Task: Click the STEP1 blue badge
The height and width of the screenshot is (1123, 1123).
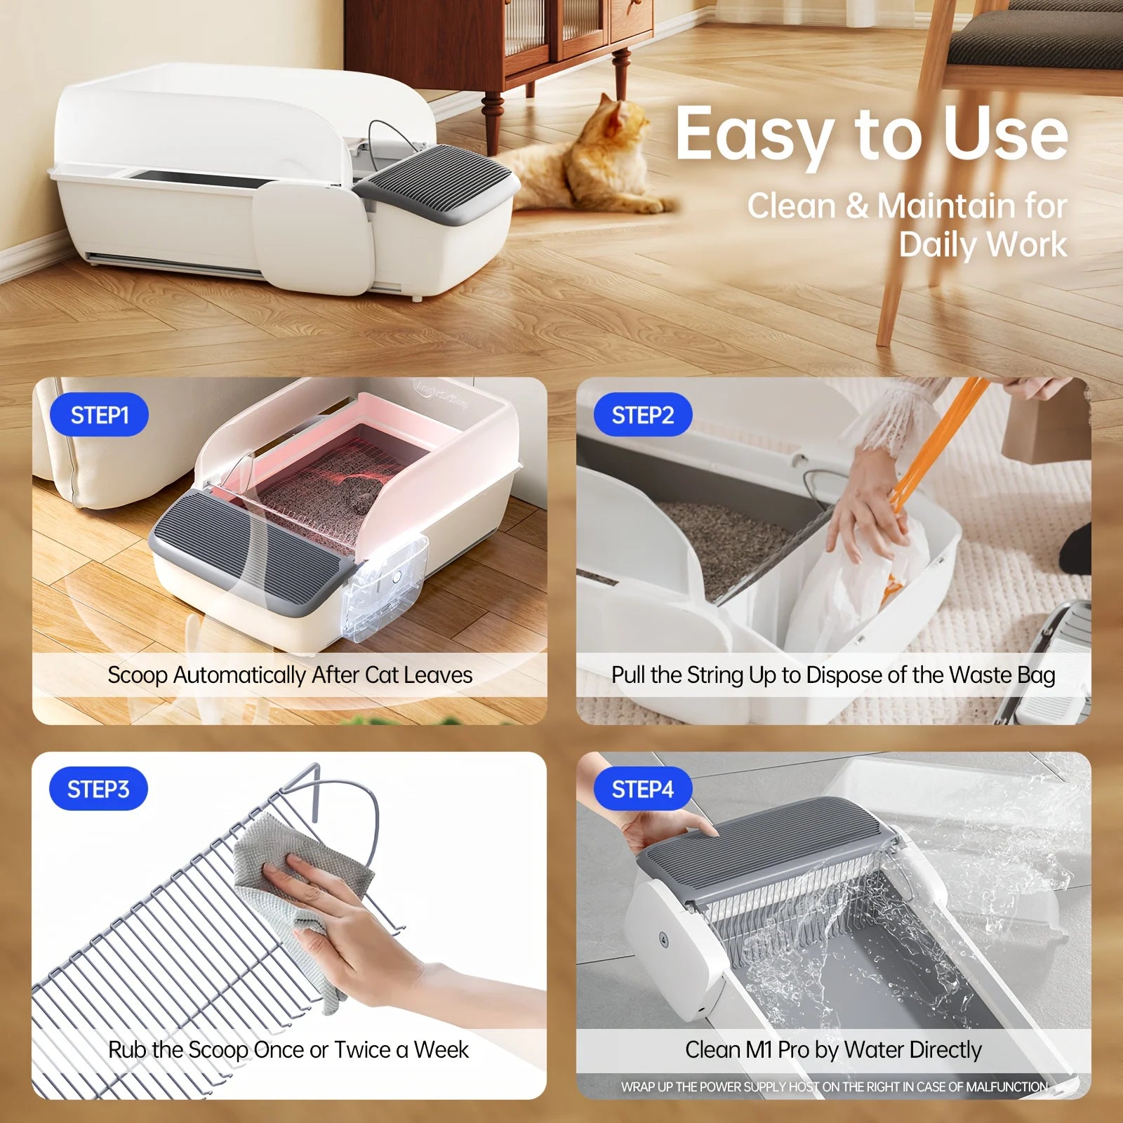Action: pos(99,415)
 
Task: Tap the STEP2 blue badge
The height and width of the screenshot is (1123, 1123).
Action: pos(642,415)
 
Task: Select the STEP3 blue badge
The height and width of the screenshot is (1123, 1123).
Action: pos(98,789)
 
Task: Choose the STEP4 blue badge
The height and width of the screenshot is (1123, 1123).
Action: pos(642,789)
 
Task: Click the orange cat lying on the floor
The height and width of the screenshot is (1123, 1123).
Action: pos(590,161)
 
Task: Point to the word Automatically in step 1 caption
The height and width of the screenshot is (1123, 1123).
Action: pos(239,675)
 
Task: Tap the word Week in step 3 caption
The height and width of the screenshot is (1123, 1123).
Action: pos(441,1050)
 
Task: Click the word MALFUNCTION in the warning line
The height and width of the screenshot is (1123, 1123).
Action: pos(1006,1087)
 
